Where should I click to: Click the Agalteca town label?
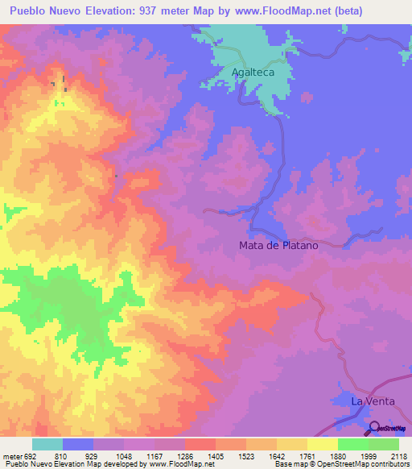click(x=253, y=73)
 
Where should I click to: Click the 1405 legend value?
click(x=216, y=455)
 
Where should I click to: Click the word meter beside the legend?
click(x=10, y=455)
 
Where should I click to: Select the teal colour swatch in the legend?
click(x=47, y=444)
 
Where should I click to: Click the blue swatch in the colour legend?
click(x=78, y=444)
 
